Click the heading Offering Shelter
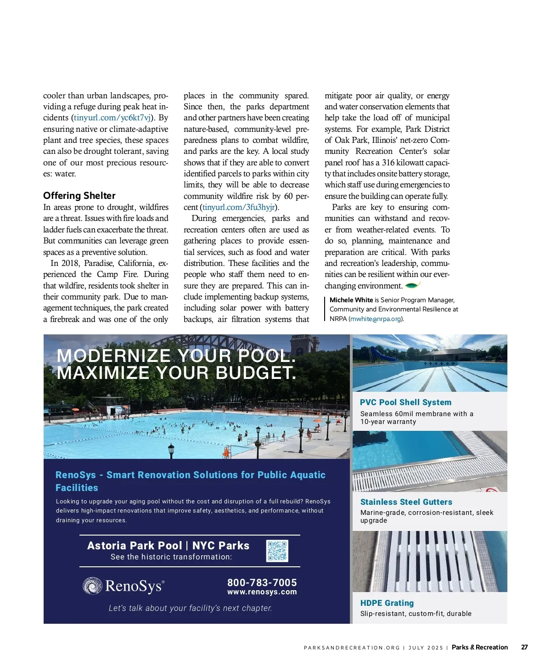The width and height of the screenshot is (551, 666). [x=79, y=196]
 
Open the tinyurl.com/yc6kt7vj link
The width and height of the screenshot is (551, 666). [x=112, y=118]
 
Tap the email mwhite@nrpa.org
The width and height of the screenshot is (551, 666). [x=376, y=319]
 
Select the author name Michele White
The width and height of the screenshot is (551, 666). [x=351, y=300]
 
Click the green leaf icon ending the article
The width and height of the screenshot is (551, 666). [x=413, y=285]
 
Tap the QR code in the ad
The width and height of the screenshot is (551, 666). [x=277, y=551]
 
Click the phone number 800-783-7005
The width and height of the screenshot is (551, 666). [x=262, y=582]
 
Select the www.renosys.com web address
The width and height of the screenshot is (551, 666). [x=262, y=592]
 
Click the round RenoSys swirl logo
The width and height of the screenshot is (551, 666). [x=92, y=586]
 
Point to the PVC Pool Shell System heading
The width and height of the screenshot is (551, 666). [x=405, y=402]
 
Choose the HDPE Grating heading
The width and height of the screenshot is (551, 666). [x=387, y=603]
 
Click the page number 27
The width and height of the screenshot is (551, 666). [x=524, y=647]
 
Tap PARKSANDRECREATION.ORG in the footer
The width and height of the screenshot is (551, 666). [x=352, y=648]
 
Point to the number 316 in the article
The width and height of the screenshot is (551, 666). [x=388, y=163]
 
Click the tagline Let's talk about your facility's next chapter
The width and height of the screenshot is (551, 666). [x=190, y=608]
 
